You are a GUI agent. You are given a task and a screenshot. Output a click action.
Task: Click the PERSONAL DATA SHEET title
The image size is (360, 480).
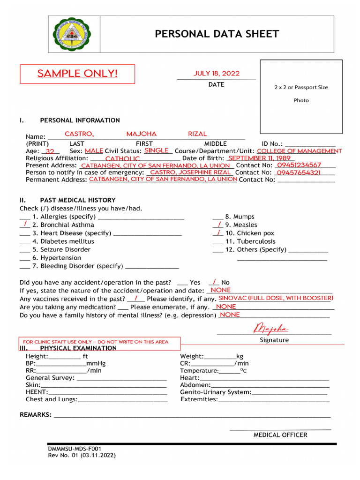pos(217,34)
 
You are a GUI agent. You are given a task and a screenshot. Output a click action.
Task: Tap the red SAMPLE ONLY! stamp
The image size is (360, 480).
pos(77,74)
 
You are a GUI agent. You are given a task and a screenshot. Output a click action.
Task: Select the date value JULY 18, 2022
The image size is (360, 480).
pos(217,73)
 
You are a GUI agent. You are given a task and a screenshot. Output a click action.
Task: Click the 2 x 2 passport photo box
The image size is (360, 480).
pos(301,96)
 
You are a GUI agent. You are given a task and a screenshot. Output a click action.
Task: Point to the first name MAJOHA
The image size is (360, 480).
pos(141,134)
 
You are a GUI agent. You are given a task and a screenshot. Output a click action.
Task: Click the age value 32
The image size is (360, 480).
pos(50,151)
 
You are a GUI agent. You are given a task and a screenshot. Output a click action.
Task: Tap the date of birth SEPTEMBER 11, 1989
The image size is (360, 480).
pos(259,158)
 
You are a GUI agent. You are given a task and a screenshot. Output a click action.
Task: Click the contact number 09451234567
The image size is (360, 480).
pos(299,165)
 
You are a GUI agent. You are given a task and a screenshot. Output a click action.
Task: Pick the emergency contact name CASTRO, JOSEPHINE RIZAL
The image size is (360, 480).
pos(190,172)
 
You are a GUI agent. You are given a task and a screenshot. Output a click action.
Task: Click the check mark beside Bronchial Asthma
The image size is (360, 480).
pos(25,225)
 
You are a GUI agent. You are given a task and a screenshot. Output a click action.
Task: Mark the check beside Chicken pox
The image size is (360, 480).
pos(218,232)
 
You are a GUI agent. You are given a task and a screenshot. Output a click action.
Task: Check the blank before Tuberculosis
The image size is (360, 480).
pos(217,241)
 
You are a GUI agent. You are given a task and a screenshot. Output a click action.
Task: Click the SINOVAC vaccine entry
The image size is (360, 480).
pos(276,298)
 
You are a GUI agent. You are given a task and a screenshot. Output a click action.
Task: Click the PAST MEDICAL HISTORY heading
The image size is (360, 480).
pos(78,200)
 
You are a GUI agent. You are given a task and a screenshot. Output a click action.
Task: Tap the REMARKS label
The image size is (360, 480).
pos(35,415)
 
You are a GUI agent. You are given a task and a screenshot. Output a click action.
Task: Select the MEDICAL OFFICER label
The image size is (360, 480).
pos(280,435)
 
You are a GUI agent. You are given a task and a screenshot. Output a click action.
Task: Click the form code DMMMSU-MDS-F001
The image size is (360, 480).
pos(75,449)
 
